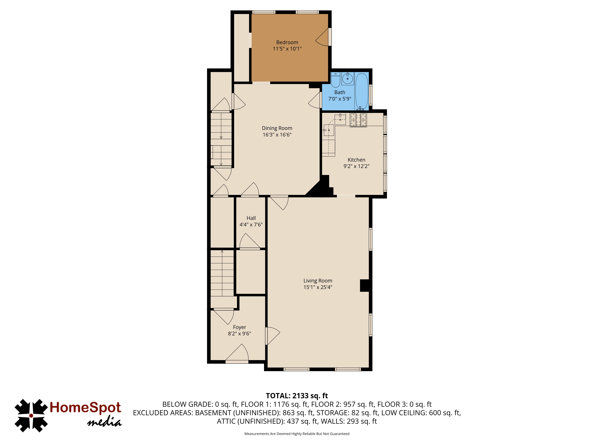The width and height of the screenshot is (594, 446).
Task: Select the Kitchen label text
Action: coord(356,160)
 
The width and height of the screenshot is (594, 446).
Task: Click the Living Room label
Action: coord(318,281)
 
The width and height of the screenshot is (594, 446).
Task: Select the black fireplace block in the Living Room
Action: coord(364,285)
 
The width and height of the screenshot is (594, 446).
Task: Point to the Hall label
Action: coord(251,218)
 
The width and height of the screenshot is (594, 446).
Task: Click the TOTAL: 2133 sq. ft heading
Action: coord(297,396)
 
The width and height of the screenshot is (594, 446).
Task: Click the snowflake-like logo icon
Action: coord(31,415)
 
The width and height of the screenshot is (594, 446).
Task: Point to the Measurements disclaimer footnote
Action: coord(297,434)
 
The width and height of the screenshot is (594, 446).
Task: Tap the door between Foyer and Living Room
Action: coord(272,336)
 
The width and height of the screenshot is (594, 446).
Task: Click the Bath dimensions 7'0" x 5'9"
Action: coord(340,99)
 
